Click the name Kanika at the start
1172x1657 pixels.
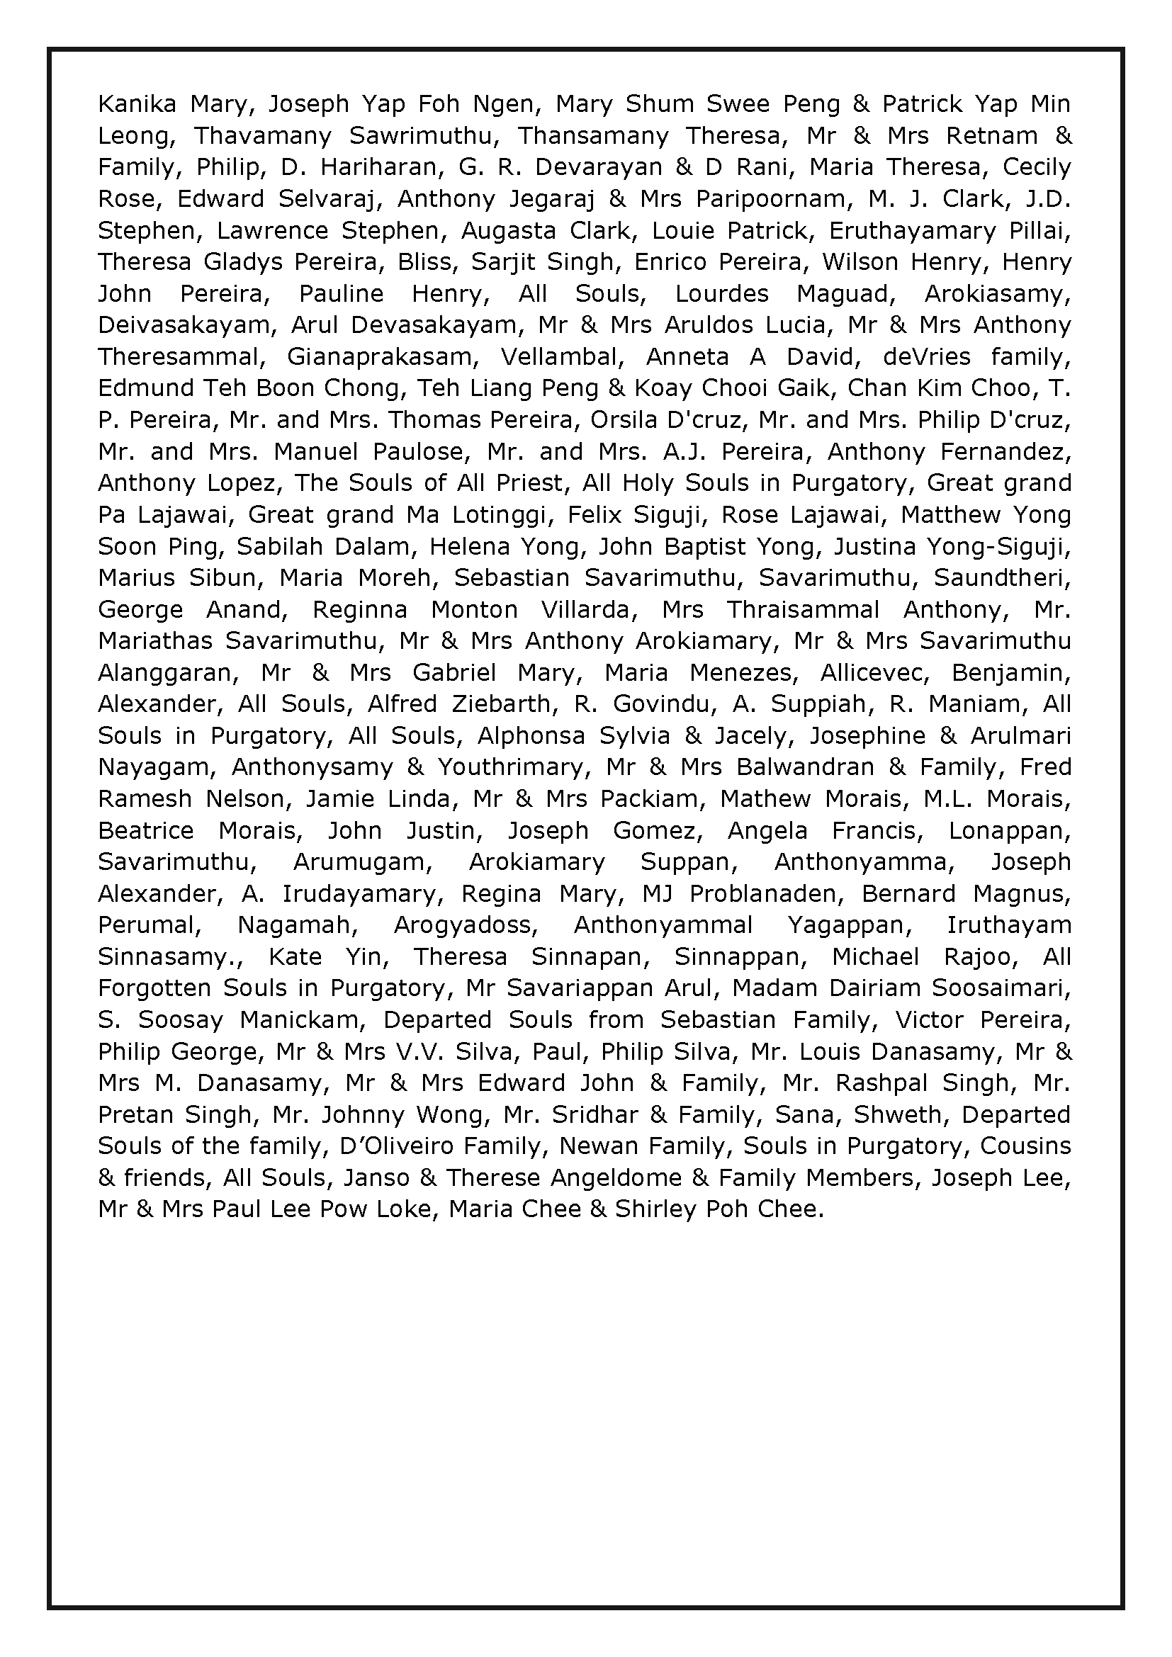pos(136,104)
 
